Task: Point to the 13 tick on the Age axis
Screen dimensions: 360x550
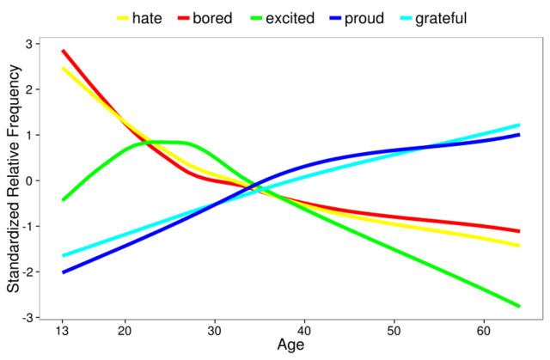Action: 63,331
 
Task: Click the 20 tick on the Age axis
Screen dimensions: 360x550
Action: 125,331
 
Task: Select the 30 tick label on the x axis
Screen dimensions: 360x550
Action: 214,331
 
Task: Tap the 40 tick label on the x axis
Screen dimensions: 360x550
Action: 303,331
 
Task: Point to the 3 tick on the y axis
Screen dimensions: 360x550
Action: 34,44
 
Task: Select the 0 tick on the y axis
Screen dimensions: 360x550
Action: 34,181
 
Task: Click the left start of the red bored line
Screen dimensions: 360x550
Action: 63,51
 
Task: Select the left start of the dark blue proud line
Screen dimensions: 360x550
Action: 63,272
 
